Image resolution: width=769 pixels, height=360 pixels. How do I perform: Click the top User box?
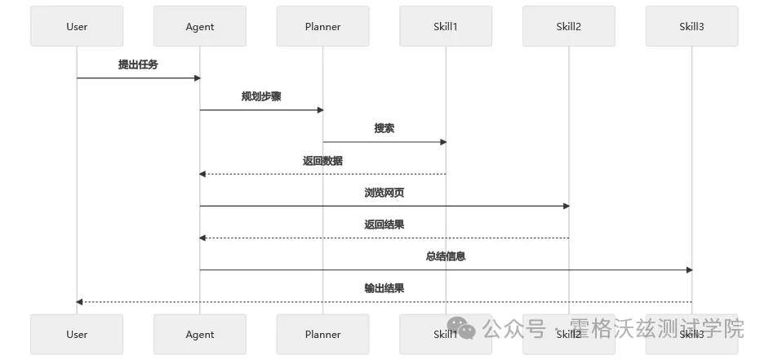[x=77, y=26]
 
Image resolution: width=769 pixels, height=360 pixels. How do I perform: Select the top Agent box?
[x=200, y=26]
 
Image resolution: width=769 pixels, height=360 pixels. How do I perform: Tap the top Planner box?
[x=322, y=26]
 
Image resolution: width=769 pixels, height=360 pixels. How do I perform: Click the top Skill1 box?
[x=446, y=26]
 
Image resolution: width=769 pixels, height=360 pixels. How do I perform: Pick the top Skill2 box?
[x=568, y=26]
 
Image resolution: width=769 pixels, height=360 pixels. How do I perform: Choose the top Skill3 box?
[x=691, y=26]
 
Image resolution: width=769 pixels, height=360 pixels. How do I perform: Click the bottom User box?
[x=77, y=334]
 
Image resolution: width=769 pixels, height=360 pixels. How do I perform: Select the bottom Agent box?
[x=200, y=334]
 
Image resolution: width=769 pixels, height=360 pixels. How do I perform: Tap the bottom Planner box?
[x=322, y=334]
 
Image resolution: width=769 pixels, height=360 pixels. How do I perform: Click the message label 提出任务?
[x=138, y=64]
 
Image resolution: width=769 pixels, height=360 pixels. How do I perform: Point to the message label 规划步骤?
[x=261, y=96]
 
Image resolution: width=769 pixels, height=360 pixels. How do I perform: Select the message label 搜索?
[x=384, y=128]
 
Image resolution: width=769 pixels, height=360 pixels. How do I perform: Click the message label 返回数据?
[x=322, y=161]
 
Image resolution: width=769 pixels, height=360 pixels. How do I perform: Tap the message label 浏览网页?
[x=384, y=193]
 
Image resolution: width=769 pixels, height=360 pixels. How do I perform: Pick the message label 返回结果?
[x=384, y=224]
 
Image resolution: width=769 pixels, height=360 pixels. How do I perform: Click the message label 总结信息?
[x=446, y=256]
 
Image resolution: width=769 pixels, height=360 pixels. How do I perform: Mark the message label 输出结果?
[x=384, y=288]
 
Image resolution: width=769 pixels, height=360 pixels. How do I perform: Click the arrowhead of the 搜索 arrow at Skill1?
[x=443, y=142]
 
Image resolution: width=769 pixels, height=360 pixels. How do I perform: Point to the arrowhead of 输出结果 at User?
[x=80, y=302]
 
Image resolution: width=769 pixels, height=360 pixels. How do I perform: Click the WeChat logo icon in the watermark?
[x=466, y=330]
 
